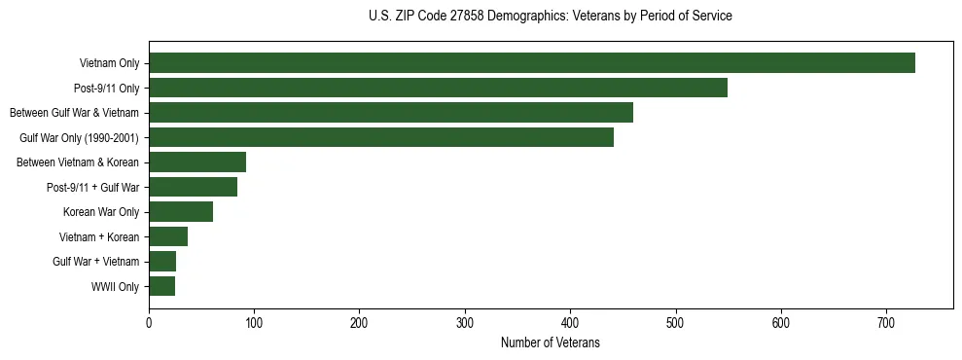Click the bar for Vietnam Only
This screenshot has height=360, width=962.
tap(531, 63)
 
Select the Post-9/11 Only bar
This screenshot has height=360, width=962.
tap(438, 88)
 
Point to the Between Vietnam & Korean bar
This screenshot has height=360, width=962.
tap(197, 162)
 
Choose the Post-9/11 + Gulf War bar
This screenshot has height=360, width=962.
tap(193, 187)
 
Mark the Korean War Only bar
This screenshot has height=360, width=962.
tap(181, 212)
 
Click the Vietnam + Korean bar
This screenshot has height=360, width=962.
tap(168, 236)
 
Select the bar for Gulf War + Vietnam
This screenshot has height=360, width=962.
tap(162, 262)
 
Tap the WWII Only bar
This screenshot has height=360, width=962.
tap(161, 286)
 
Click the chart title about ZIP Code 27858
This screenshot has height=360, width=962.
tap(551, 17)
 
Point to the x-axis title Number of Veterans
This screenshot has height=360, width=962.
tap(551, 343)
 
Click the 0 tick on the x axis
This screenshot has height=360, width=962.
tap(149, 324)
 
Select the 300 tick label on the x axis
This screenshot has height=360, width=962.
tap(465, 324)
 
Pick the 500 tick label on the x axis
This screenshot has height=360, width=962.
tap(676, 324)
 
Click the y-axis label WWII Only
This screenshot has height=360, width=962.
tap(115, 287)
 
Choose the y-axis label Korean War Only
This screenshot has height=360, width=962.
tap(101, 212)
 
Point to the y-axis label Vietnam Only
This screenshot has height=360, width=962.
tap(109, 64)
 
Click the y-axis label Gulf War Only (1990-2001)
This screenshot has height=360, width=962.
tap(80, 138)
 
